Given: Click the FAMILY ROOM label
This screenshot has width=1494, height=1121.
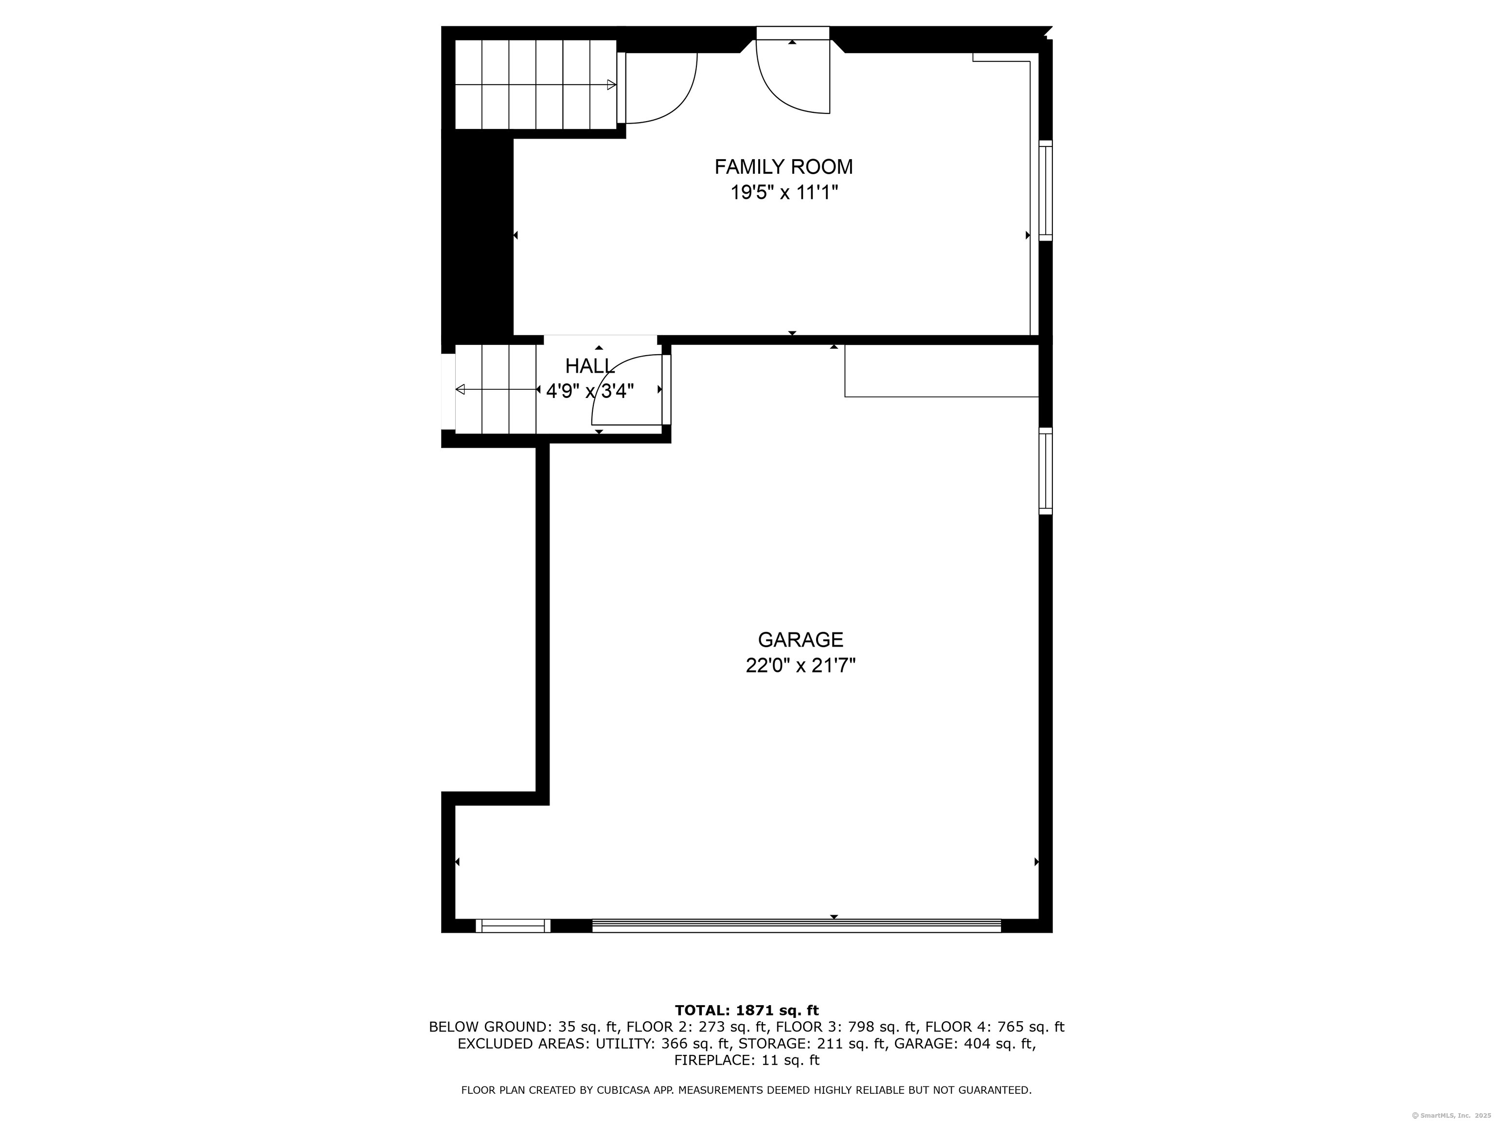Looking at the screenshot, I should (x=783, y=166).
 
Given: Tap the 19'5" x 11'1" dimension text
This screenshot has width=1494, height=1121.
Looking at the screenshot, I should (x=783, y=193).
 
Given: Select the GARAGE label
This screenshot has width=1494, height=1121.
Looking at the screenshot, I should (x=800, y=639).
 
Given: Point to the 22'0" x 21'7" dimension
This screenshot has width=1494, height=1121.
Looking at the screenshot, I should (x=800, y=666).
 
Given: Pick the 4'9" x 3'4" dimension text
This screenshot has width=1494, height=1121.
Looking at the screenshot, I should (x=589, y=391).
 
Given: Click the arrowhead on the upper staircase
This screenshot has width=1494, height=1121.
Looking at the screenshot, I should (x=611, y=85).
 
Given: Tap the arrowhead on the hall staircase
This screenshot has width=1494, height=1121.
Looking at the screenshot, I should (x=461, y=389).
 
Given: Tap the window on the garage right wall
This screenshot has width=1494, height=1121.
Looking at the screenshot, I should (x=1045, y=470).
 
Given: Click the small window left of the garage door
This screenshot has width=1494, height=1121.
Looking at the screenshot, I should (x=513, y=926).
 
